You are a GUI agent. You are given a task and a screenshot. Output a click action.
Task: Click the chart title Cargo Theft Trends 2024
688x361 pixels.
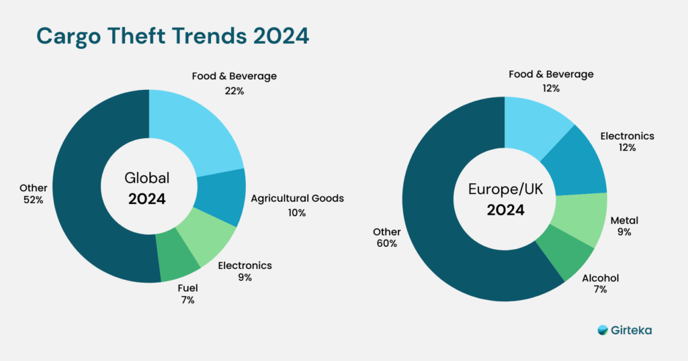172,37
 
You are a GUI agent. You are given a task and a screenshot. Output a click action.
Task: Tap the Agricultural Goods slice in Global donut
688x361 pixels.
222,197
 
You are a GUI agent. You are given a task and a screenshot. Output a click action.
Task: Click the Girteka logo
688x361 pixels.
624,330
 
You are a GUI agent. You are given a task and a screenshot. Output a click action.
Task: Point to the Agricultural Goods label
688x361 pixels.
297,198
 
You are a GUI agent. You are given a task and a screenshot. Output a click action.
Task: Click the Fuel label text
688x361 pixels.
187,288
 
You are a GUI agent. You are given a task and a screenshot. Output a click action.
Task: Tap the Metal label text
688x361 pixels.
624,220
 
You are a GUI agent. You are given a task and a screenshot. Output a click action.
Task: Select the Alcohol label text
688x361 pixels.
600,278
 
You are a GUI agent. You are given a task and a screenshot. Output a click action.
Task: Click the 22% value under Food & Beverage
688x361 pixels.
234,91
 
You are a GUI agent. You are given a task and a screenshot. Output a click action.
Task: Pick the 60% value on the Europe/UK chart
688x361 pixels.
387,244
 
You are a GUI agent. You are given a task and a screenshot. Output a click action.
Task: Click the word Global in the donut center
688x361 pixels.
148,178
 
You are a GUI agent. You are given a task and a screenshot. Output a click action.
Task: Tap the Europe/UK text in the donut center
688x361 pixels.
505,190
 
